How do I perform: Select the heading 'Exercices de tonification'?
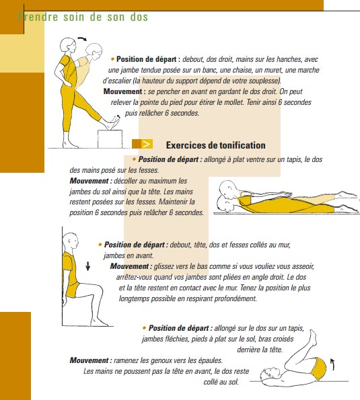tap(215, 145)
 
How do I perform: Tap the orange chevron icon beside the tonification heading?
tap(146, 145)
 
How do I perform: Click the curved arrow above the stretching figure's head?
tap(83, 39)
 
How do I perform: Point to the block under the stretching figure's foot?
tap(110, 138)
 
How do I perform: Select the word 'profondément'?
tap(230, 298)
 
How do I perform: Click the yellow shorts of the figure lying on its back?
tap(318, 366)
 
